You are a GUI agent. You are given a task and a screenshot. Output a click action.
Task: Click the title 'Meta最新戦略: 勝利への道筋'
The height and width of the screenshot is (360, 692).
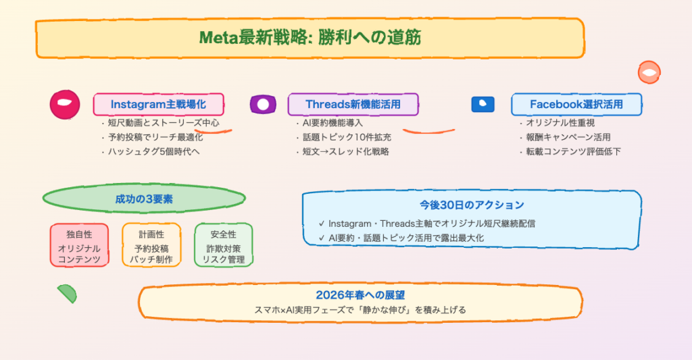click(x=310, y=37)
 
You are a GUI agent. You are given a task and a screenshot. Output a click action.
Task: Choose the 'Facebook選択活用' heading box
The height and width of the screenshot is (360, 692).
click(x=576, y=104)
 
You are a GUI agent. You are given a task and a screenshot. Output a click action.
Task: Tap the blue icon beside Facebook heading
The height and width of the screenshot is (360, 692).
click(x=483, y=104)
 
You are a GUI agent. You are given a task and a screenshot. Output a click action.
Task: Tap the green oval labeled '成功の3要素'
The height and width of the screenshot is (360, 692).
click(x=143, y=199)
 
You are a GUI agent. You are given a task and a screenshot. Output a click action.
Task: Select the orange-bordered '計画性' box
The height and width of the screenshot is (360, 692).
click(x=151, y=245)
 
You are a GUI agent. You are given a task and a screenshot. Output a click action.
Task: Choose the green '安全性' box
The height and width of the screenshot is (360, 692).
click(x=223, y=245)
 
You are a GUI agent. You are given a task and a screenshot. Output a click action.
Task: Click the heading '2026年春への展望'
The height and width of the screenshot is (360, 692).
click(x=360, y=295)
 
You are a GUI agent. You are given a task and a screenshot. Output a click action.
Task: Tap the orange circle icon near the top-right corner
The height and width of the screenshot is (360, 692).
click(x=649, y=72)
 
